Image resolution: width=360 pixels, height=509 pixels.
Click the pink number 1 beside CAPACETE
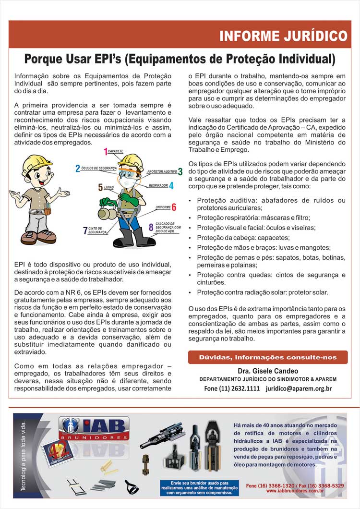[x=106, y=152]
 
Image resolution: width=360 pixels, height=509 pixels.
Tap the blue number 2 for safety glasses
[x=78, y=169]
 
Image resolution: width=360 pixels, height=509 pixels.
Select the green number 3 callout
[x=180, y=171]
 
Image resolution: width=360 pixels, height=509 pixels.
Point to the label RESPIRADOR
[x=158, y=185]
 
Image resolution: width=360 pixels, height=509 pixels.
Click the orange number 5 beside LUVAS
[x=100, y=187]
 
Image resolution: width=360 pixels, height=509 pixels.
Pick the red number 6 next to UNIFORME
[x=174, y=207]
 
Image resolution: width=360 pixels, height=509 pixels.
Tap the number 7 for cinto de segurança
[x=85, y=230]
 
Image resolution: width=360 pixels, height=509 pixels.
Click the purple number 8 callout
[x=151, y=227]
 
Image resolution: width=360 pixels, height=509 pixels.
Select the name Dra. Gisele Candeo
[x=268, y=371]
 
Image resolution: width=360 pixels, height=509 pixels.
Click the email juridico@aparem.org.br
[x=298, y=388]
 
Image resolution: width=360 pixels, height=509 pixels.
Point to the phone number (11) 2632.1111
[x=232, y=388]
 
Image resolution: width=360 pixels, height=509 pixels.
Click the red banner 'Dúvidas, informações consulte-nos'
[x=268, y=357]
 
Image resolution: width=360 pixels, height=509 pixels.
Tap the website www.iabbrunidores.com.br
[x=295, y=491]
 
